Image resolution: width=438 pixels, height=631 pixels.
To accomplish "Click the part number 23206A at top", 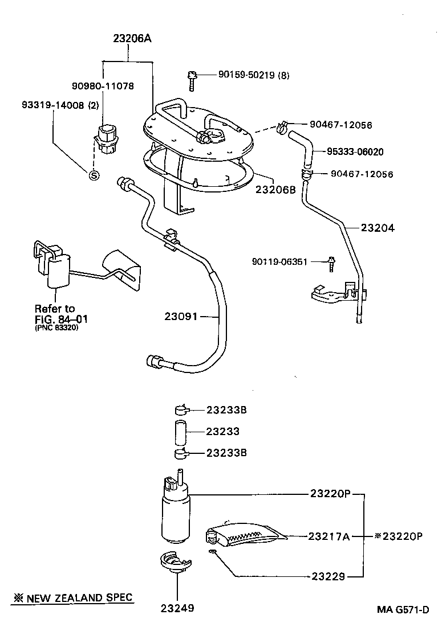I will [x=132, y=39].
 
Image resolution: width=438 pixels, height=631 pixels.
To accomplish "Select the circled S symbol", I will [x=94, y=175].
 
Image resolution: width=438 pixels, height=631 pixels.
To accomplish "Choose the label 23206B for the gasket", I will [x=275, y=190].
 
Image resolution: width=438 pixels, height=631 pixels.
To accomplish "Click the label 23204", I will [x=378, y=227].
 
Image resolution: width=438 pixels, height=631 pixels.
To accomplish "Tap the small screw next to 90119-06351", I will [x=331, y=263].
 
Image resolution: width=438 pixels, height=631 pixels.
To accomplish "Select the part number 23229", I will [x=328, y=576].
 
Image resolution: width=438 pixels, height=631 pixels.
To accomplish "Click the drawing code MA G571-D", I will [x=402, y=609].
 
